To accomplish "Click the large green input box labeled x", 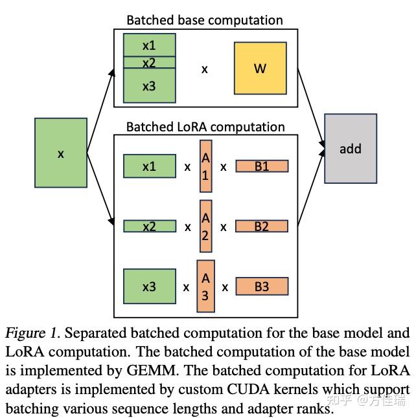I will point(61,153).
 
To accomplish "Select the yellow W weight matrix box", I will point(260,68).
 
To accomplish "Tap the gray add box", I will point(350,148).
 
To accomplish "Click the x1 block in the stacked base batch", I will point(149,45).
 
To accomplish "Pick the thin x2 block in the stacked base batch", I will point(149,63).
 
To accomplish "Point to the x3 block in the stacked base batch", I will point(149,85).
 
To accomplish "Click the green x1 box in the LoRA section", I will point(149,166).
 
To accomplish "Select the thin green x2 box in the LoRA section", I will point(149,226).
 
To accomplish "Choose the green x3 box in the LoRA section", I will point(149,286).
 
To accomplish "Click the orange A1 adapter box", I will point(205,166).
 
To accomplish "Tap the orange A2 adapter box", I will point(205,226).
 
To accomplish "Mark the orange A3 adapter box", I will point(205,286).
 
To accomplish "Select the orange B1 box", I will point(261,166).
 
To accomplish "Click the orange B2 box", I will point(261,226).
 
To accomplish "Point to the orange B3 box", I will point(261,286).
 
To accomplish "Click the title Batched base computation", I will point(204,20).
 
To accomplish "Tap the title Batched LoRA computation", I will point(205,126).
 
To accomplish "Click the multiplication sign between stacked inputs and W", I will point(204,68).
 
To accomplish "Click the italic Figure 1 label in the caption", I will point(32,333).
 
